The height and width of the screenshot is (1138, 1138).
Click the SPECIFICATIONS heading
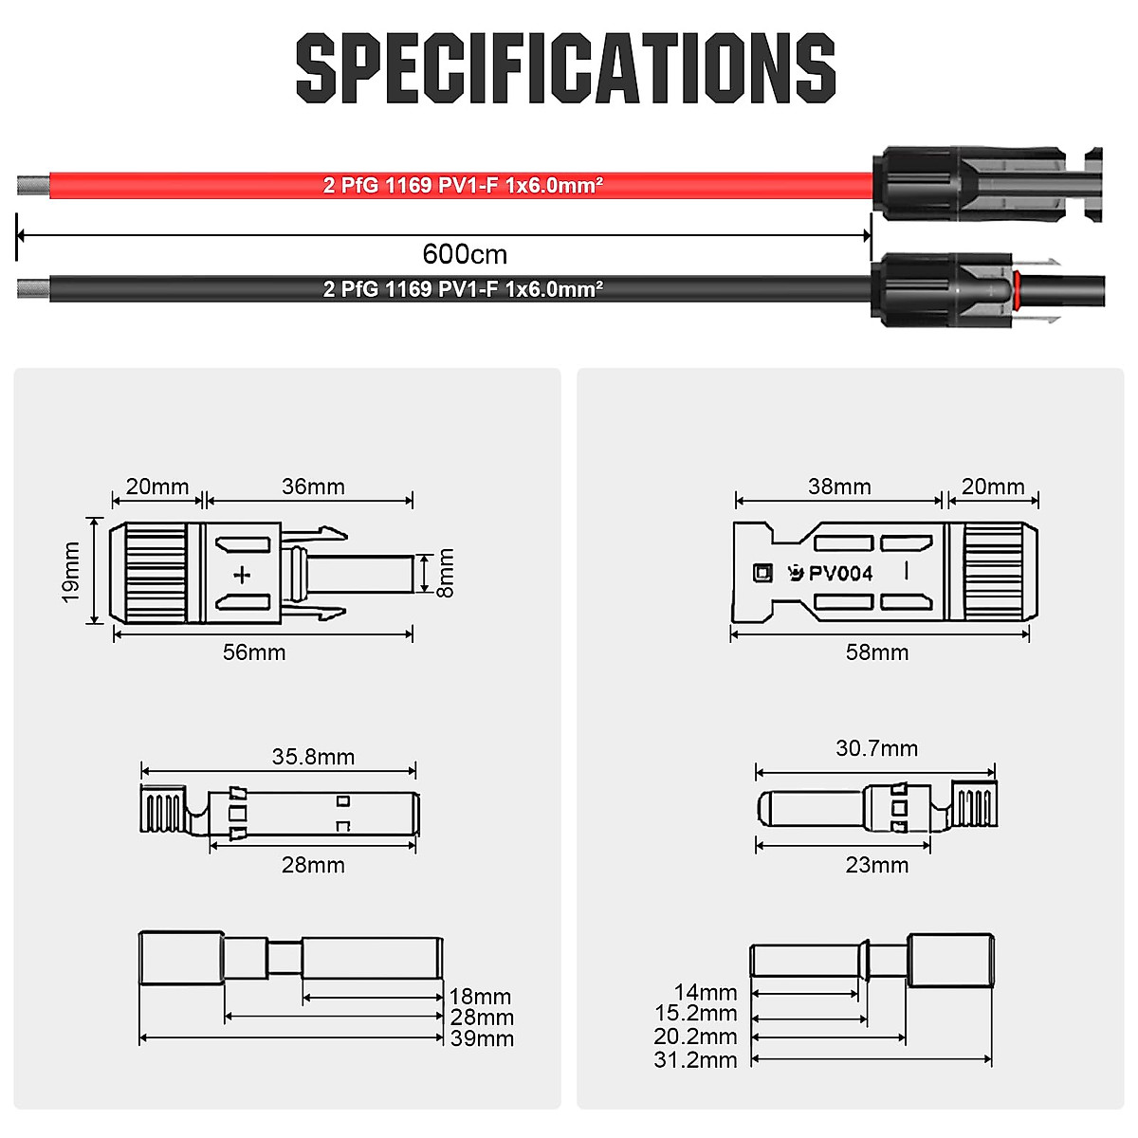566,67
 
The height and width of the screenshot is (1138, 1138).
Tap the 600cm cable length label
465,254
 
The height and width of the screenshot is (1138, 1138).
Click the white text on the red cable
463,185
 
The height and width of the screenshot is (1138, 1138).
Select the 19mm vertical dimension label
70,572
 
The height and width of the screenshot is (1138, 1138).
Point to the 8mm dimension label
446,573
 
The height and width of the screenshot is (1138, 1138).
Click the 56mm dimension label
254,652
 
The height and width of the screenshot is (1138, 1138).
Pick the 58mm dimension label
877,652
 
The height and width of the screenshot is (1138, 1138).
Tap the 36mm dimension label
313,486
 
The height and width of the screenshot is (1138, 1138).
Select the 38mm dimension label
839,486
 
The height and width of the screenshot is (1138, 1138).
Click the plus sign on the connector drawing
243,574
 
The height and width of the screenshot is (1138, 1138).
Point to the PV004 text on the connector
840,574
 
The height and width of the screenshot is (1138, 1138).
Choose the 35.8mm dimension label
313,757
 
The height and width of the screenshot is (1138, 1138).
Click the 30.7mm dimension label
877,748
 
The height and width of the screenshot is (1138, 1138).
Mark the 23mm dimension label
877,865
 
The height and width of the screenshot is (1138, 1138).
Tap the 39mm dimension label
482,1038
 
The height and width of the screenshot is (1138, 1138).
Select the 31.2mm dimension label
695,1059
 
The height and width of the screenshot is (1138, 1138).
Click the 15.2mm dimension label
695,1014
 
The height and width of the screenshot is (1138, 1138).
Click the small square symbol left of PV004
762,573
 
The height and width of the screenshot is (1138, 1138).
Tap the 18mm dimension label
480,997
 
